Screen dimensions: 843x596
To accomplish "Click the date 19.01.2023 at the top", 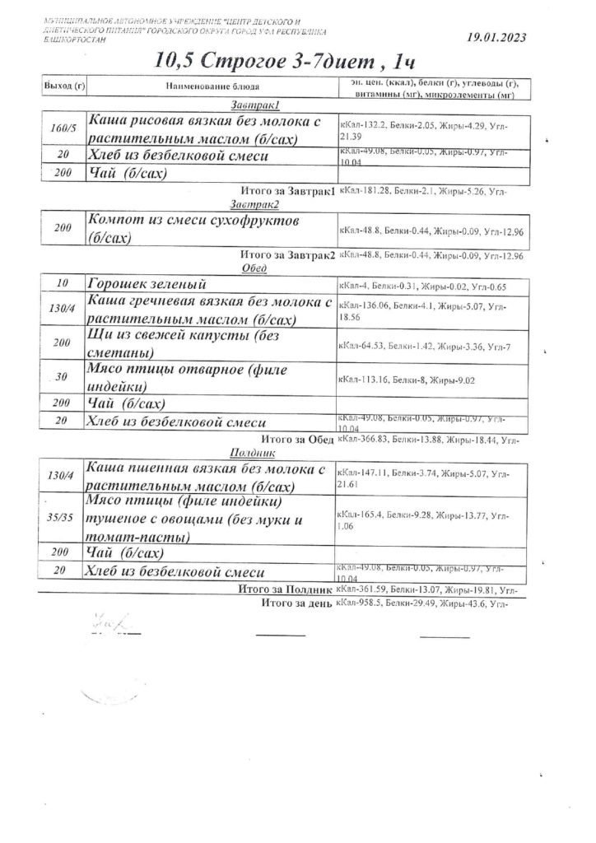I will (x=496, y=37).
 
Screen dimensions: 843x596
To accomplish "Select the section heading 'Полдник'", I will (x=246, y=453).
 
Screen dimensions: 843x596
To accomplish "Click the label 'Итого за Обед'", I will (x=296, y=440).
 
